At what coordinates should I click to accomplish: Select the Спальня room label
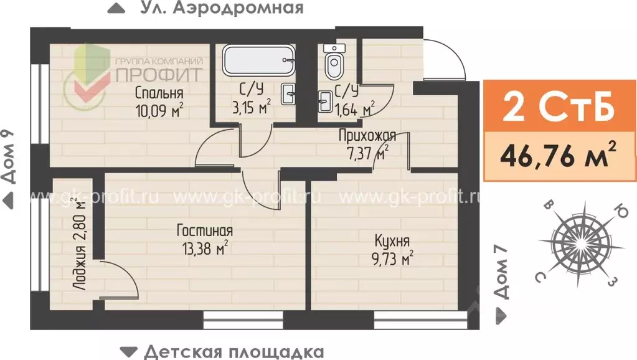tap(159, 93)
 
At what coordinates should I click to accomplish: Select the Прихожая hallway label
tap(367, 135)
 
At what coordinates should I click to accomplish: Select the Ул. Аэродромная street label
tap(221, 8)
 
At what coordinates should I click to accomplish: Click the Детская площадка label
tap(234, 351)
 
